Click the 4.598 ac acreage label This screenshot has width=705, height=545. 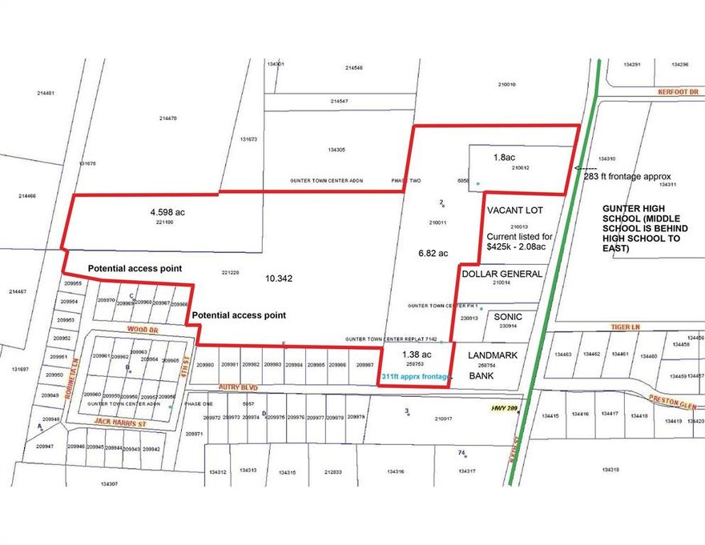coord(167,213)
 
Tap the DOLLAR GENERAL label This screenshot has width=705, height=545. coord(502,273)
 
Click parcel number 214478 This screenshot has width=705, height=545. coord(167,118)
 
